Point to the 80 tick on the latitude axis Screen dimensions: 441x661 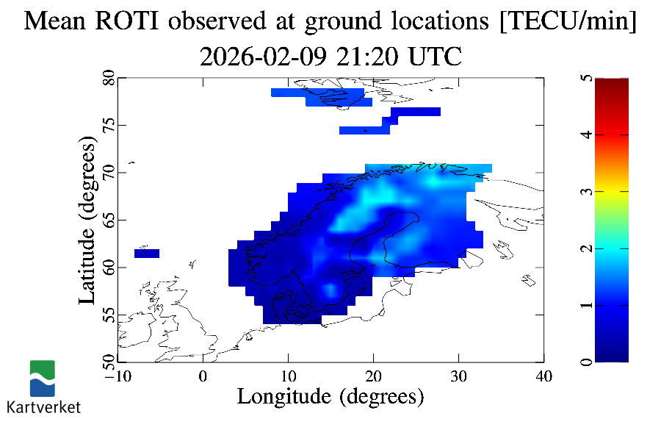(108, 78)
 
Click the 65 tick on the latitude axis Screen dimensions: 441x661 (108, 220)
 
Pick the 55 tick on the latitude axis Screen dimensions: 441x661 (108, 315)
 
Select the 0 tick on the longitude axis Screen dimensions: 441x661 (203, 376)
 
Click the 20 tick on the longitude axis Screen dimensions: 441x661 (373, 376)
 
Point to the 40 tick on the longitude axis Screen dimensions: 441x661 (543, 376)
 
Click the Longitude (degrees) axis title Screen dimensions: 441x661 (330, 397)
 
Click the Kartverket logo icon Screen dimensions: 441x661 (42, 378)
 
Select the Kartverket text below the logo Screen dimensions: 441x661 (43, 406)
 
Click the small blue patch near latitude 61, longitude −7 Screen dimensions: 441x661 (147, 254)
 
